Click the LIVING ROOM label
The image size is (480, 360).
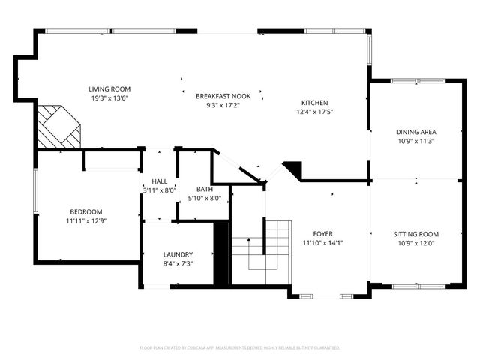109,88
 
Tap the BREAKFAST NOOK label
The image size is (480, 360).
223,96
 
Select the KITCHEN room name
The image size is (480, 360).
314,103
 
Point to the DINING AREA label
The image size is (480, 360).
416,131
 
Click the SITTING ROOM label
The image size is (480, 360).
416,234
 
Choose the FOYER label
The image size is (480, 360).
322,234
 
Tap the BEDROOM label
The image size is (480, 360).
86,211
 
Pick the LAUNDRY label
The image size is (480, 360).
178,254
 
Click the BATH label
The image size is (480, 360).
205,190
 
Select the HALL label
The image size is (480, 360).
160,181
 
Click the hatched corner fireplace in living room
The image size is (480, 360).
59,127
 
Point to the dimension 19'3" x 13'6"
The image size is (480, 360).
109,97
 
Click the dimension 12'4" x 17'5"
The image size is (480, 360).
314,112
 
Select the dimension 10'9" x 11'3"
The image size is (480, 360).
416,140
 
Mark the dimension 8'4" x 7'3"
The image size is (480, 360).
178,263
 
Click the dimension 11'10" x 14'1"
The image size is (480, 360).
322,243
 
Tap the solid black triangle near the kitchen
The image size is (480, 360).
293,170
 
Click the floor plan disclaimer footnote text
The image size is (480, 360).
240,348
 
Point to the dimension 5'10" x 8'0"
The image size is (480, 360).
205,199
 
